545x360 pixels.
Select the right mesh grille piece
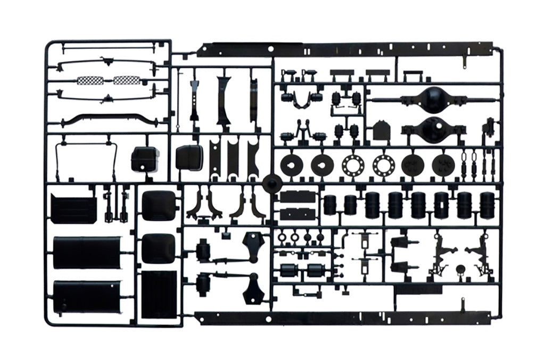(126, 80)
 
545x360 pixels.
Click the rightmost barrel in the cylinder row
(486, 205)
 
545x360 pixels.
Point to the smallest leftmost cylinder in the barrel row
(330, 204)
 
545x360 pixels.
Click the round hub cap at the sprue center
(272, 183)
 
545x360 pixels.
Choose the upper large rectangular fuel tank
(86, 253)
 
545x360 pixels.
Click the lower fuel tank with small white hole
(86, 296)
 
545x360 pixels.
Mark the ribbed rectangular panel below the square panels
(159, 292)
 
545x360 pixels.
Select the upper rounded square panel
(159, 205)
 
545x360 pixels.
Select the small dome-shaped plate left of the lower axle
(380, 131)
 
